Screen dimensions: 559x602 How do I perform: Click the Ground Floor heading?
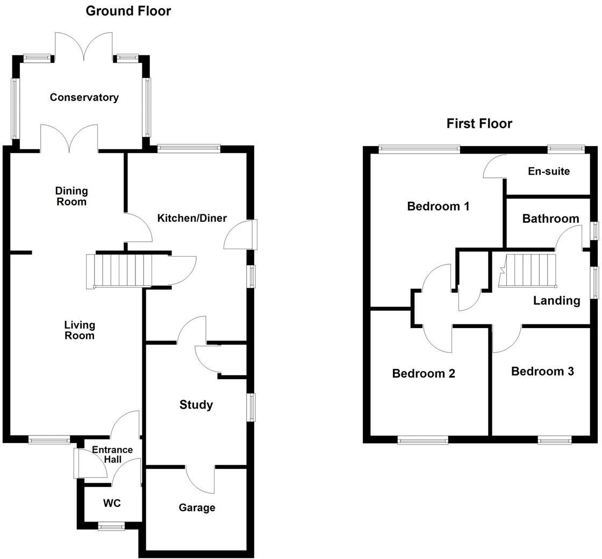(x=128, y=11)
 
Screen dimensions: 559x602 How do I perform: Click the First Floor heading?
(x=479, y=124)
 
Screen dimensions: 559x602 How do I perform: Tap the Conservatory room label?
(x=84, y=97)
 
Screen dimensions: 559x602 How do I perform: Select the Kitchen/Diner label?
(x=192, y=218)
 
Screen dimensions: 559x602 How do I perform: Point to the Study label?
(x=196, y=405)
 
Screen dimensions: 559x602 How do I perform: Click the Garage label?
(x=197, y=507)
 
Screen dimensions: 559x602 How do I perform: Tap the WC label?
(x=112, y=503)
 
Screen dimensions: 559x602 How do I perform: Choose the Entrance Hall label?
(x=113, y=454)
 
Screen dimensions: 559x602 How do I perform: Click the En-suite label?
(x=549, y=171)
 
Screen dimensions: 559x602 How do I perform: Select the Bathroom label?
(x=550, y=219)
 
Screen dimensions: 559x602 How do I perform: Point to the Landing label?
(x=556, y=301)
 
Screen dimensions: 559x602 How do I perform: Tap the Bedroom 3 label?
(x=542, y=372)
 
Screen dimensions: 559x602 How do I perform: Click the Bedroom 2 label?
(x=424, y=373)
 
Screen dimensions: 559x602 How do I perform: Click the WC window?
(x=111, y=527)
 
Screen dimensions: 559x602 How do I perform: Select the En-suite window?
(x=566, y=148)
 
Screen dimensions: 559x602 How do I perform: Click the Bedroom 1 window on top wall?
(x=419, y=148)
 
